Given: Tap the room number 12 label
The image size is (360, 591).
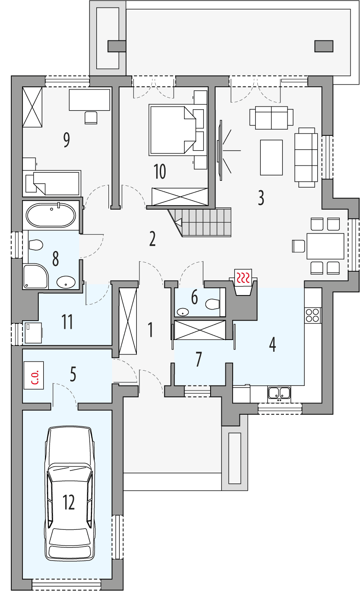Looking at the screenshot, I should tap(69, 502).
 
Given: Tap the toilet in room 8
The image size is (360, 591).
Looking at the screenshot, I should tap(35, 246).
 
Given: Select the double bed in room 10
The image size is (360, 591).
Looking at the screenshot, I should tap(172, 129).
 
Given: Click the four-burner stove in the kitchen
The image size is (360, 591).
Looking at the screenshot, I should tap(313, 314).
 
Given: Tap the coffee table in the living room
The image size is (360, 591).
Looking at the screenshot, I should tap(271, 157).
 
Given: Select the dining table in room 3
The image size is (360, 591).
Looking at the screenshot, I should tap(325, 246).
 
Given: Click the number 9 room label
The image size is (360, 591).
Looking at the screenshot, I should tap(67, 140).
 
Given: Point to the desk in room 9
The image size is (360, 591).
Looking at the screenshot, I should tap(89, 99).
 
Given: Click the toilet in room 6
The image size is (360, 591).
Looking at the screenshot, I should tap(213, 304).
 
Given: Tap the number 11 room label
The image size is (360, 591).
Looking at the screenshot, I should tap(67, 322).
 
